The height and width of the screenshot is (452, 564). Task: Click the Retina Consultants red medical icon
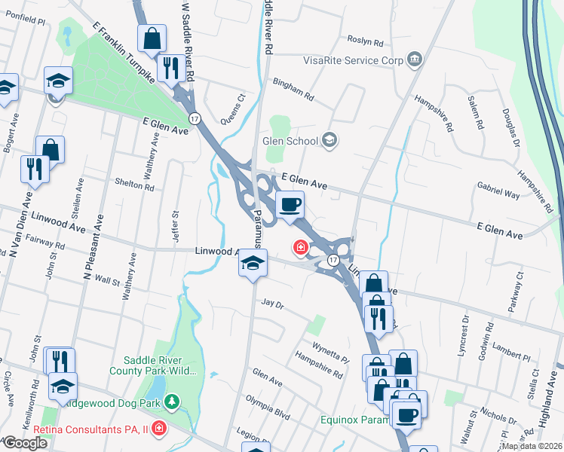pos(158,430)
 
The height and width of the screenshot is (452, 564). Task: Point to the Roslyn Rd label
pos(366,41)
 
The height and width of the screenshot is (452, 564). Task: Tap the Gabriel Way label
pos(498,194)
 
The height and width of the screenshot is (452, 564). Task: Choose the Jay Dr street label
pos(271,304)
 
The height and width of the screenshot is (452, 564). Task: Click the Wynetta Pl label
pos(331,350)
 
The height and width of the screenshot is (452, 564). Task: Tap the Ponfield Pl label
pos(24,17)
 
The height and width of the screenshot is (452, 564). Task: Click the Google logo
pos(25,442)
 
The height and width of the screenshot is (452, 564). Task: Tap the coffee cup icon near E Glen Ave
pos(290,204)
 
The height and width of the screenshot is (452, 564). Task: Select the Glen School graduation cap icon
pos(330,140)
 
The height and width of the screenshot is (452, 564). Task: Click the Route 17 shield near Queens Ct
pos(195,118)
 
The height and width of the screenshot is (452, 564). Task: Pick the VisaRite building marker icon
pos(413,60)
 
